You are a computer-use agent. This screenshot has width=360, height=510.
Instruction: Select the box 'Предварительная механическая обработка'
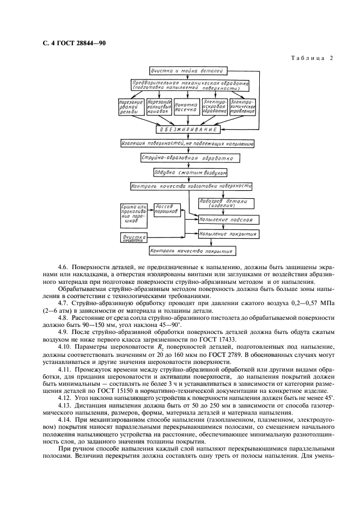pyautogui.click(x=190, y=86)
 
